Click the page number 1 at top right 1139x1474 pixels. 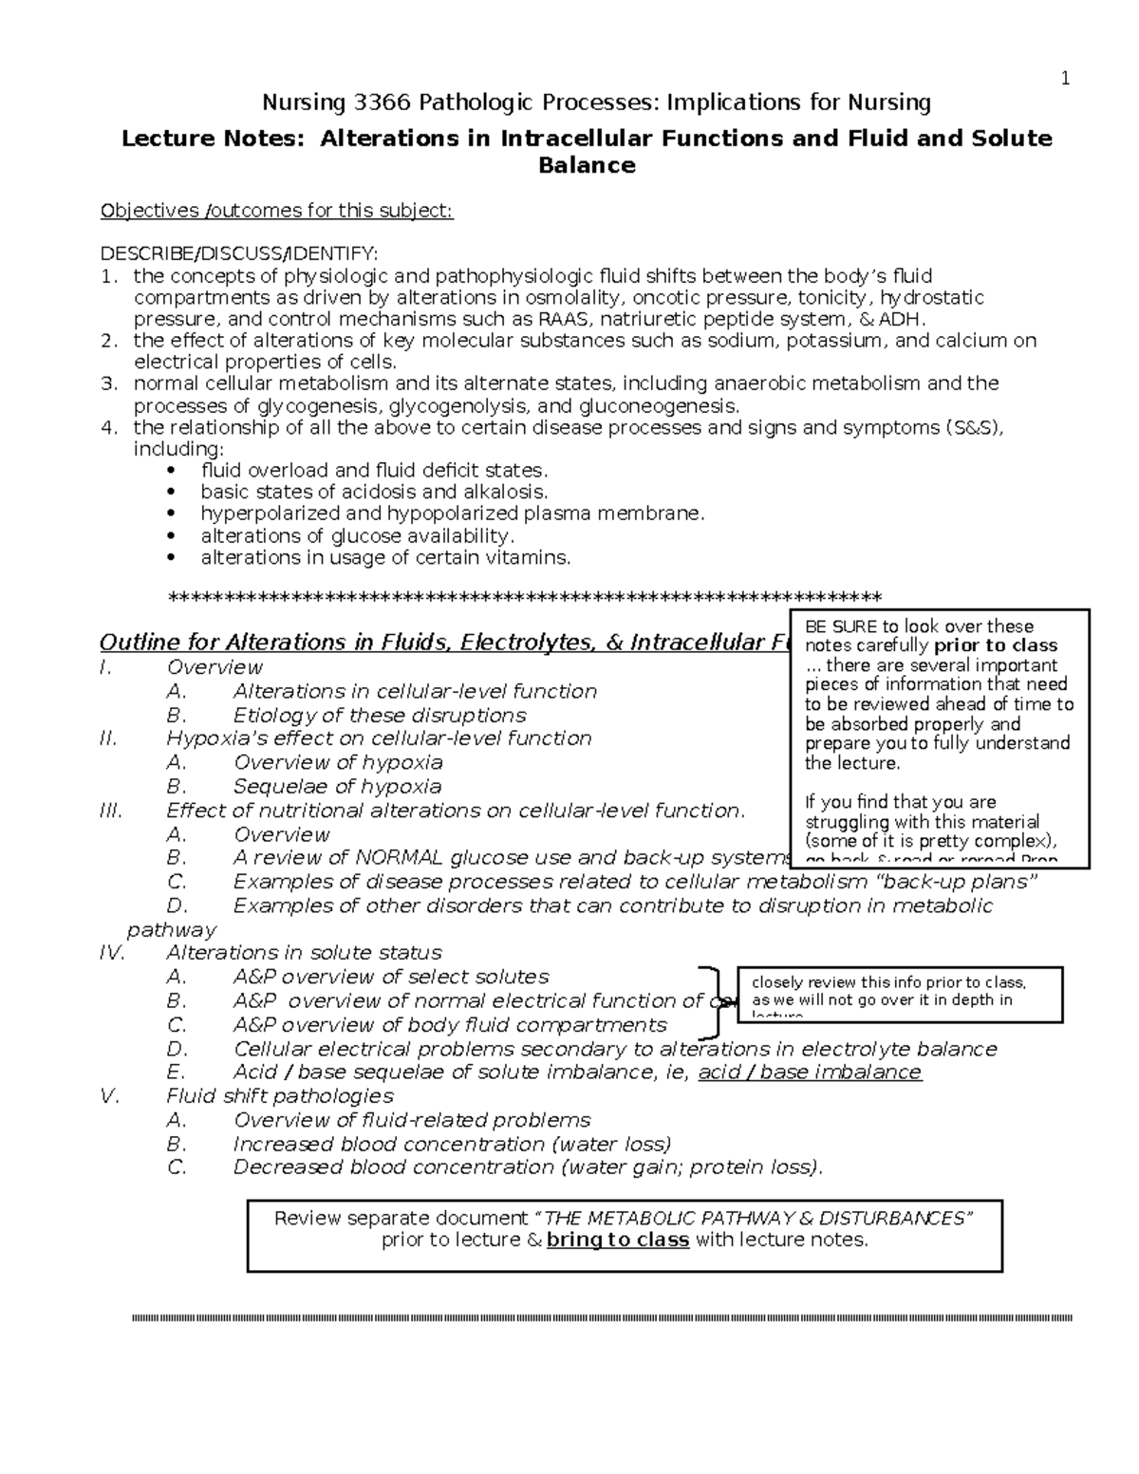1065,80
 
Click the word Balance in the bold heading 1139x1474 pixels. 586,166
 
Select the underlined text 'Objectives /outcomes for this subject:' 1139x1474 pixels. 277,211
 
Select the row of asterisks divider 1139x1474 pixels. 524,597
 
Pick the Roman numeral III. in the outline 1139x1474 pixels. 110,811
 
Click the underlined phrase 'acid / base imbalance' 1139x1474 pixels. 809,1073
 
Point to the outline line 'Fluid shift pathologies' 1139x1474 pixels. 279,1096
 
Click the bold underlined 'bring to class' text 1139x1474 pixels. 617,1241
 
